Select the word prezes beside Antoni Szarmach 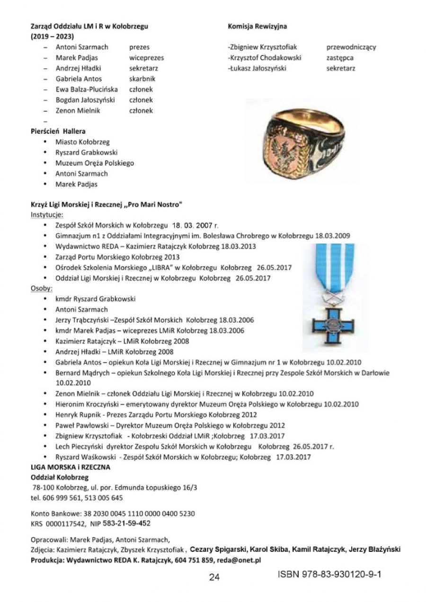coord(139,47)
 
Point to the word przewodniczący coord(351,47)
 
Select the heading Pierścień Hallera coord(58,131)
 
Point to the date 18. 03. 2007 coord(191,225)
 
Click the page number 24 coord(214,576)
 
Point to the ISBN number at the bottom coord(329,574)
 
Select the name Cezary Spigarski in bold coord(218,550)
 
